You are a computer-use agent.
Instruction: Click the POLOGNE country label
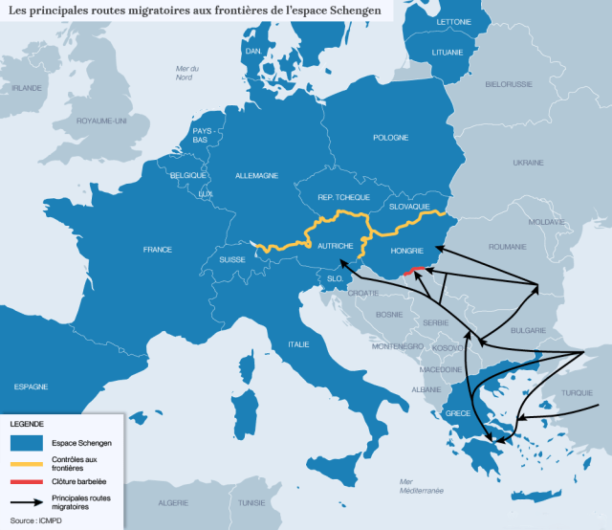click(390, 138)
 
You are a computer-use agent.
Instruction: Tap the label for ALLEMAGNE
click(257, 176)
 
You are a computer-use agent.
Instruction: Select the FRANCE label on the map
click(157, 250)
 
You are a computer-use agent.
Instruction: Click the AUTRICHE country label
click(336, 245)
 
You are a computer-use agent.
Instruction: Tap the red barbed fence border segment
click(414, 271)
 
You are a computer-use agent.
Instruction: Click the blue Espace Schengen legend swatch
click(26, 442)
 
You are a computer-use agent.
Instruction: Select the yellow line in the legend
click(26, 462)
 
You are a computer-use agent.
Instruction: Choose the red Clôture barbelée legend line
click(26, 481)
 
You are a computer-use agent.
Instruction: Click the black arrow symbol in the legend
click(26, 502)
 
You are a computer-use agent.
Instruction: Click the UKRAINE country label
click(528, 163)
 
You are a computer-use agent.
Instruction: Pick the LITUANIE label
click(446, 52)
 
